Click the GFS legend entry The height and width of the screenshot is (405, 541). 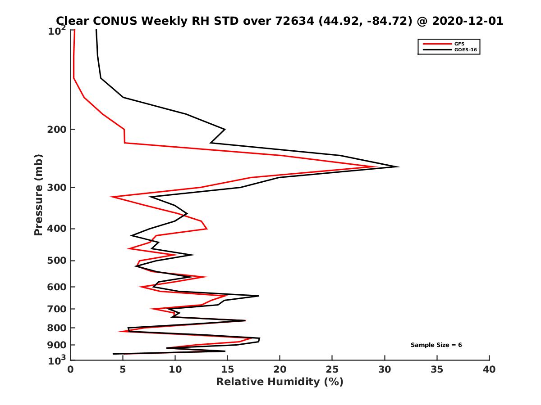point(459,44)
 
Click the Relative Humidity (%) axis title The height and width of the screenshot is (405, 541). point(280,382)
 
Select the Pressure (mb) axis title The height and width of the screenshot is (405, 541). point(38,195)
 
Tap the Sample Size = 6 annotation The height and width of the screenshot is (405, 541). point(436,345)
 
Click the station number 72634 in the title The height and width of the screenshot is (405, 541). point(295,21)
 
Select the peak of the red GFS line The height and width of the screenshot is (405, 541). point(377,167)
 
